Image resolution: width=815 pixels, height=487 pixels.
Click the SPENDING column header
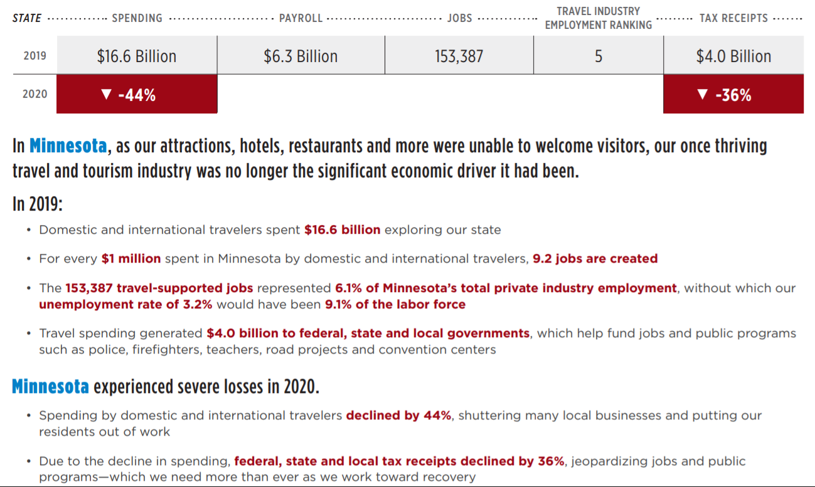(137, 18)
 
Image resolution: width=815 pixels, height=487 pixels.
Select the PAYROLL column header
(301, 18)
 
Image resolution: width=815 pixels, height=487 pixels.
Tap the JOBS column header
(459, 18)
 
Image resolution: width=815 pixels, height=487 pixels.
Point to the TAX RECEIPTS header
(733, 18)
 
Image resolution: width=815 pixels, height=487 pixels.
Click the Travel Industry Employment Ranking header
(598, 18)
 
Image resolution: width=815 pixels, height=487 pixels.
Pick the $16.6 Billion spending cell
(137, 56)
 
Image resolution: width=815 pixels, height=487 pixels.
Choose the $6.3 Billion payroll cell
(301, 56)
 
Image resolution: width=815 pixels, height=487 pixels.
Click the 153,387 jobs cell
(459, 56)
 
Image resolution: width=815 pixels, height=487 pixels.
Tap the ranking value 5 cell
(598, 56)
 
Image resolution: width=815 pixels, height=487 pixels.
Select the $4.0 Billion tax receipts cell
(733, 56)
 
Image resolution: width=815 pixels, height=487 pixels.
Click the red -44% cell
(137, 95)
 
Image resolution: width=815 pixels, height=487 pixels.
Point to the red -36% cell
(733, 95)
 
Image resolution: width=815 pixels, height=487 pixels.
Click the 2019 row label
(35, 56)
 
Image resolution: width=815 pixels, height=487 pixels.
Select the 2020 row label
(35, 95)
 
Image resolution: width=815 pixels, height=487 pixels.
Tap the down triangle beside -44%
(106, 95)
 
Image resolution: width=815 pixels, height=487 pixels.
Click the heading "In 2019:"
(38, 204)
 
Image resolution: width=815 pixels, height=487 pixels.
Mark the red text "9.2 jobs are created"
(595, 259)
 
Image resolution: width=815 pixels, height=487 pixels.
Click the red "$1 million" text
(131, 259)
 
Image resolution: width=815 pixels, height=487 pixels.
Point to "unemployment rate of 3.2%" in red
(125, 305)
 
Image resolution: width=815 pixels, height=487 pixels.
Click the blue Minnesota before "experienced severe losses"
(50, 387)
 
